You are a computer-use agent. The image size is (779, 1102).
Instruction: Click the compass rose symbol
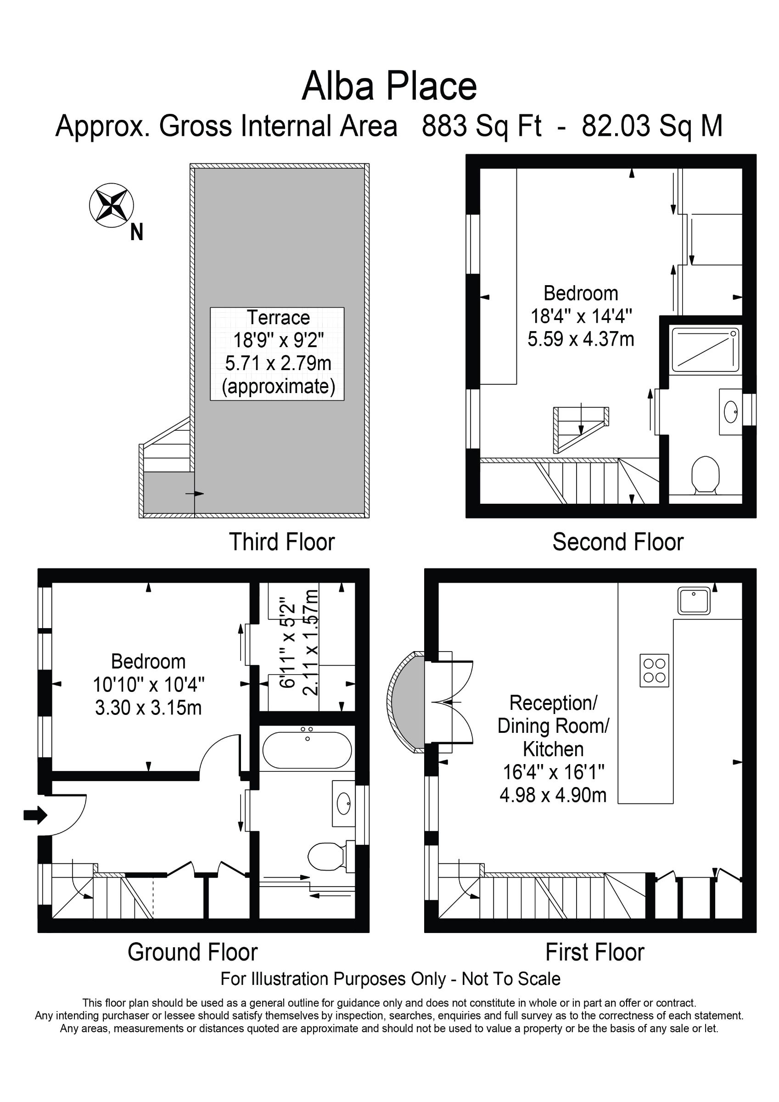click(x=112, y=205)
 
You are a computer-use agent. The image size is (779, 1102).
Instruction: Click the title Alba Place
click(x=389, y=86)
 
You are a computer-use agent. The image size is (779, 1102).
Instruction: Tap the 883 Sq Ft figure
click(x=482, y=126)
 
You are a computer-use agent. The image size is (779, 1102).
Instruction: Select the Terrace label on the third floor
click(x=278, y=317)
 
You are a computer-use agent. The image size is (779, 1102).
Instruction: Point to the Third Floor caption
click(x=282, y=542)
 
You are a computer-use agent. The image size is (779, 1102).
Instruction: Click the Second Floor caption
click(x=618, y=542)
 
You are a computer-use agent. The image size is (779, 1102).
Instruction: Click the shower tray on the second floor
click(x=705, y=349)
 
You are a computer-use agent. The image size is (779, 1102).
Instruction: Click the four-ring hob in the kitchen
click(x=654, y=670)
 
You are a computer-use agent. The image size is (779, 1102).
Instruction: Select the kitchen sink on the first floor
click(x=694, y=601)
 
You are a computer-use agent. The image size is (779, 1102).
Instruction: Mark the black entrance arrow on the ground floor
click(x=35, y=815)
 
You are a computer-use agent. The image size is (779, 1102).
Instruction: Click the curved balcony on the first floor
click(x=406, y=701)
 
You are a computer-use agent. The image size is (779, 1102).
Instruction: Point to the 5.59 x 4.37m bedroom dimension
click(x=581, y=339)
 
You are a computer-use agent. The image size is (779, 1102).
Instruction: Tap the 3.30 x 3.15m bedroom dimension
click(x=148, y=708)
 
